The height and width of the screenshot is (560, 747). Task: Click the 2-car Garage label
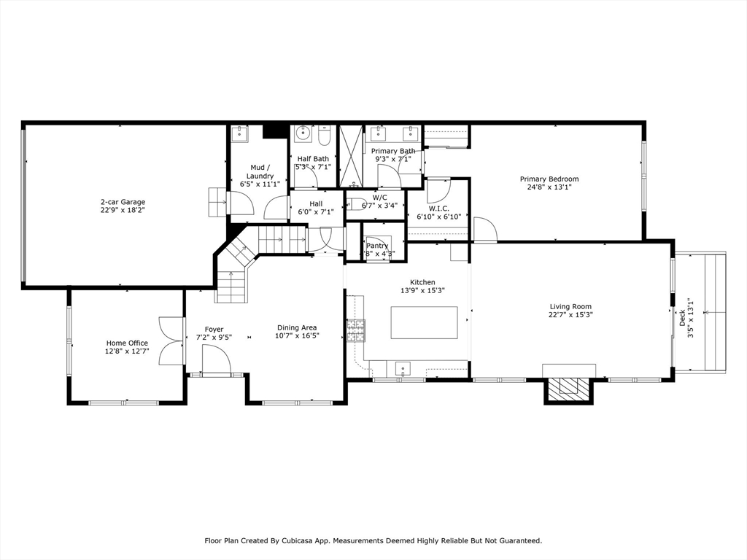coord(123,202)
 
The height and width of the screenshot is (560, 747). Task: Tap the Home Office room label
coord(127,343)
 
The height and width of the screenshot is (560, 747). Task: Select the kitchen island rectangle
coord(424,322)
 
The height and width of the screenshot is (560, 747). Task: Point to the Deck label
coord(683,318)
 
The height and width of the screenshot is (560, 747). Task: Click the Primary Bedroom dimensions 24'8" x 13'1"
coord(549,187)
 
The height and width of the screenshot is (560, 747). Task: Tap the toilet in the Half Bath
coord(325,136)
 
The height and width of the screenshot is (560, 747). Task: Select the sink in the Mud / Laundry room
coord(239,133)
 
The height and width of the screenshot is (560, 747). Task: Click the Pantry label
coord(377,246)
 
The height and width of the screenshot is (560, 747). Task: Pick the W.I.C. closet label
coord(438,208)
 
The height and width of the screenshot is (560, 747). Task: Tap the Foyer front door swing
coord(217,359)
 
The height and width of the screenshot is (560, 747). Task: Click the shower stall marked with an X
coord(351,157)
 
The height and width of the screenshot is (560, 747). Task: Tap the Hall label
coord(316,203)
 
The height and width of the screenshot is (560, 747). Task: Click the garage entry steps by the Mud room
coord(217,202)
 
